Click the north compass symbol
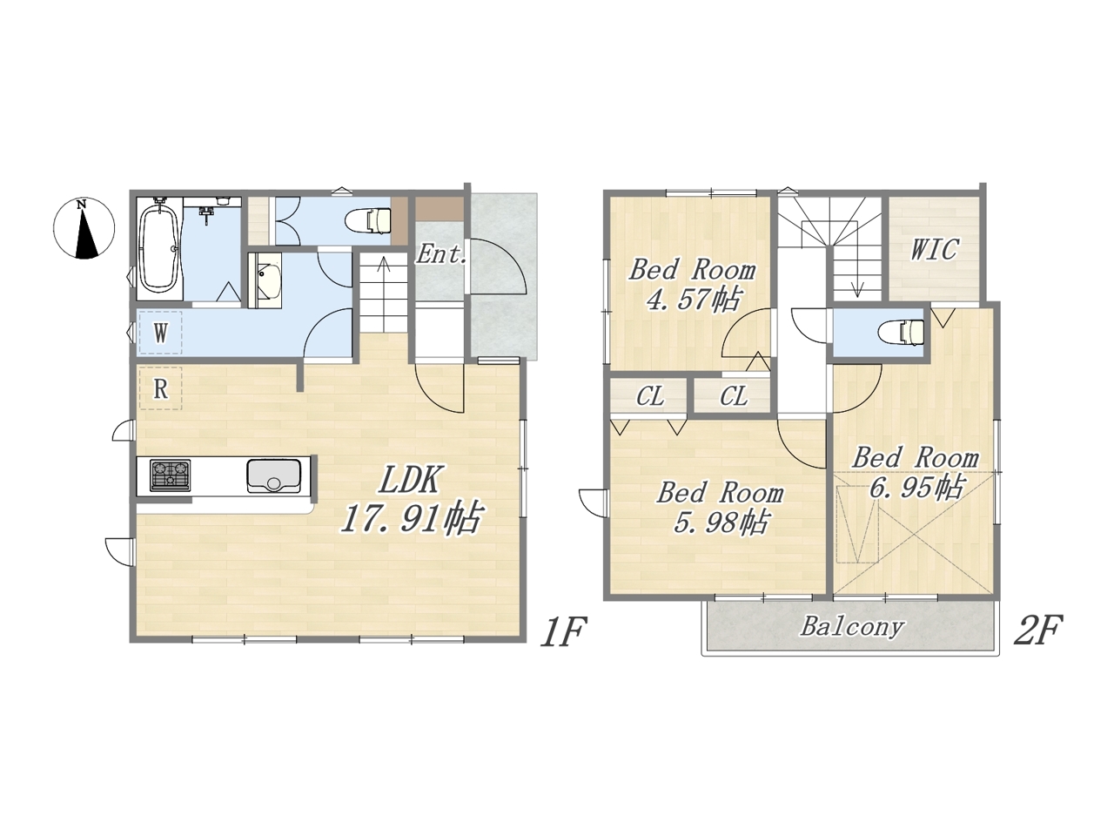coord(84,228)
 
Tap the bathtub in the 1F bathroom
coord(160,248)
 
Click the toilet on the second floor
coord(902,333)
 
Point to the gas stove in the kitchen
coord(170,475)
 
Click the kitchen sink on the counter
coord(273,475)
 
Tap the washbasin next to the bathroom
coord(265,280)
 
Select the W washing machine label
coord(160,334)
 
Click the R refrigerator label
coord(160,389)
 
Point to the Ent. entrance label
coord(440,254)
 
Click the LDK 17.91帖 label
coord(410,498)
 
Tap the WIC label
coord(934,250)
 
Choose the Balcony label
coord(852,627)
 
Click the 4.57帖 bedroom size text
coord(692,299)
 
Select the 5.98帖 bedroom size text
coord(720,522)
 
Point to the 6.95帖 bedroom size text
coord(916,487)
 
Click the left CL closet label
coord(650,396)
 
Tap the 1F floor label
coord(563,631)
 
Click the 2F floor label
coord(1038,630)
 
